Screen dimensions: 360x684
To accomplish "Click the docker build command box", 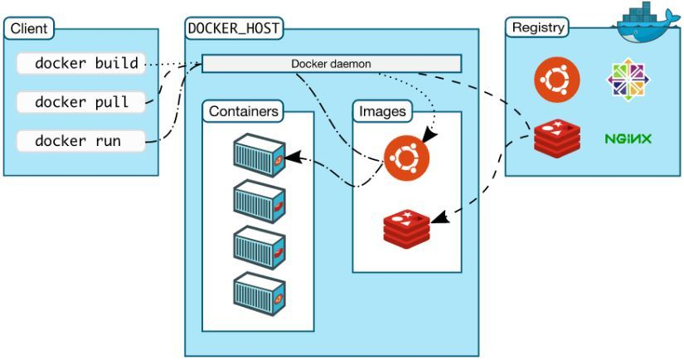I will click(x=81, y=63).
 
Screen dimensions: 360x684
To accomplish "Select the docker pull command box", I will click(x=81, y=102).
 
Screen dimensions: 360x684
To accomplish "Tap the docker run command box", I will click(x=81, y=141).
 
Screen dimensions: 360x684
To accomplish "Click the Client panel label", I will click(x=29, y=29).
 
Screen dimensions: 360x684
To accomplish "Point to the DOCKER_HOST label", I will click(x=233, y=28).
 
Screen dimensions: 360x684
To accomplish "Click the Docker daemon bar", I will click(x=332, y=64).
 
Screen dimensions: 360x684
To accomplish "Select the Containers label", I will click(x=243, y=111).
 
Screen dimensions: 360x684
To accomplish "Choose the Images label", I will click(x=382, y=111).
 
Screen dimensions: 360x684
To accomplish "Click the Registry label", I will click(x=537, y=27).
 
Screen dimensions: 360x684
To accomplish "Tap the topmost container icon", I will click(x=260, y=154).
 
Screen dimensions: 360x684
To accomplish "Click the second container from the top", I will click(x=260, y=200).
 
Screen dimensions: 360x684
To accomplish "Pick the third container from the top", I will click(x=260, y=246).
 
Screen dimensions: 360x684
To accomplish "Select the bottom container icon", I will click(x=260, y=292).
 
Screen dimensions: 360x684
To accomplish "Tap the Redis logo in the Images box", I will click(x=407, y=226).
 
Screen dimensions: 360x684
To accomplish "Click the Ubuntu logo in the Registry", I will click(x=556, y=80).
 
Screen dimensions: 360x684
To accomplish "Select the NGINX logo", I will click(x=628, y=139).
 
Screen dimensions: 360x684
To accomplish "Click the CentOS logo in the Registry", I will click(x=628, y=80).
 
